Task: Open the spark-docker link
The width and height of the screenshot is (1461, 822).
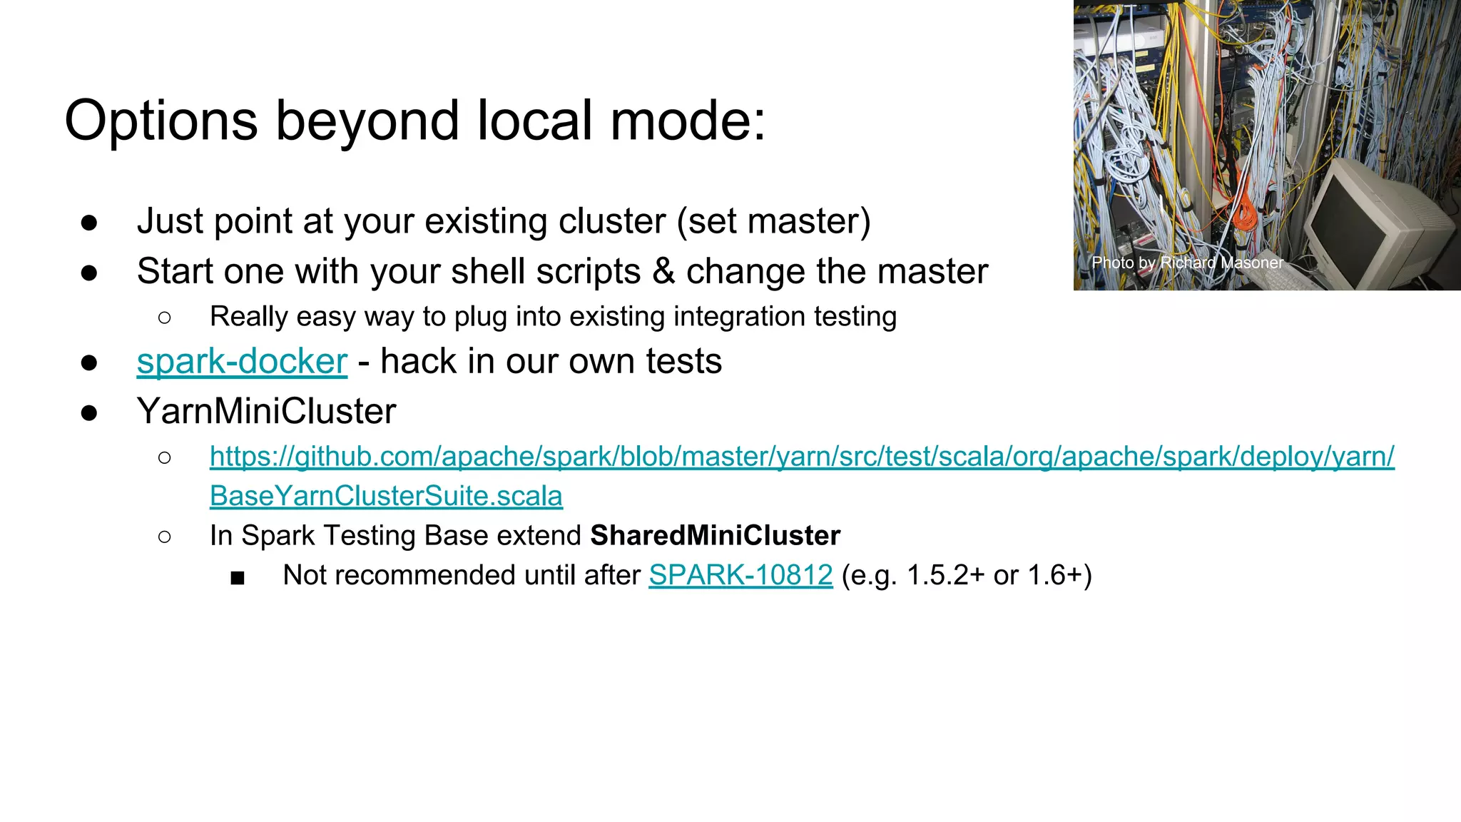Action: click(x=242, y=361)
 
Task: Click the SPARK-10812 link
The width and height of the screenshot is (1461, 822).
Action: click(x=740, y=575)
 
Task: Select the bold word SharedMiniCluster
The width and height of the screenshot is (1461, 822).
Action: click(x=715, y=536)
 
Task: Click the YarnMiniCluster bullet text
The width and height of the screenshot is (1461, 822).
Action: click(x=266, y=412)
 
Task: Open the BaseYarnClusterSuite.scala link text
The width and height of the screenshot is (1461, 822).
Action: click(x=386, y=496)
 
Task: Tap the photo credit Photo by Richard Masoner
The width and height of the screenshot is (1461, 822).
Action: click(x=1187, y=263)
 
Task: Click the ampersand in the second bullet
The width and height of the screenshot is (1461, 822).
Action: click(x=663, y=272)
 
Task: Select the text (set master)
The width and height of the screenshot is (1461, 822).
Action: click(x=773, y=221)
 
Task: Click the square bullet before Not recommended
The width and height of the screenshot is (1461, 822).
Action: click(x=238, y=577)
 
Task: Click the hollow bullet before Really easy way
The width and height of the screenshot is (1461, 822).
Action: click(x=165, y=318)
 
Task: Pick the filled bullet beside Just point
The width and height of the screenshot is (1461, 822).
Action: click(x=89, y=223)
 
